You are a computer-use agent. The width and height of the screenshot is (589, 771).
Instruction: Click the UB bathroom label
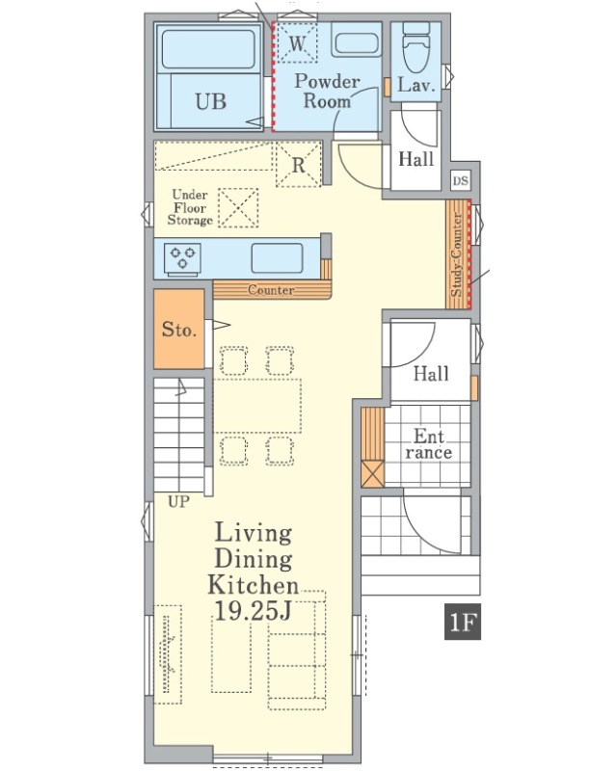point(210,102)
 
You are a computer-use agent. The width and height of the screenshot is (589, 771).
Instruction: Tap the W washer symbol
point(297,43)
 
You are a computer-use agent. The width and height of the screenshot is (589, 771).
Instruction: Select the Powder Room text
point(327,91)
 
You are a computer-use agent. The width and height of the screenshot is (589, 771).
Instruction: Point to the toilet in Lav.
point(416,46)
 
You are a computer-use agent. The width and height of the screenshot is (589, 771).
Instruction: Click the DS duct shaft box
point(461,180)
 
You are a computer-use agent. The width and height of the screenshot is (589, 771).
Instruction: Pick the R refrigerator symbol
point(299,165)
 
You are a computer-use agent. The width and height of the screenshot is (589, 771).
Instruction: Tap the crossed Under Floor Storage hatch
point(238,208)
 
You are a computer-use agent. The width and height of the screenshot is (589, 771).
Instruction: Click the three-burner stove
point(183,257)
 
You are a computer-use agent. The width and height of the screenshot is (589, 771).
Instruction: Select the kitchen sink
point(278,258)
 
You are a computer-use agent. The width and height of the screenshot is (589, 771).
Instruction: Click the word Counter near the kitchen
point(271,290)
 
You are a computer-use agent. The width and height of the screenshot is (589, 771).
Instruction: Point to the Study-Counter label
point(457,254)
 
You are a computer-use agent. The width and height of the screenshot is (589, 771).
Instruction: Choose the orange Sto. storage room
point(179,329)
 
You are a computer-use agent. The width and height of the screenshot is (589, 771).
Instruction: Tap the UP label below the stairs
point(178,502)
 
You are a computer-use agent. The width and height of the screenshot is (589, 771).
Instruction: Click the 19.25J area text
point(254,611)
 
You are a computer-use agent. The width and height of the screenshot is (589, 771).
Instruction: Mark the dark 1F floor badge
point(462,623)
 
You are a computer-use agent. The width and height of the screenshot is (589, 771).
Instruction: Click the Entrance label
point(429,444)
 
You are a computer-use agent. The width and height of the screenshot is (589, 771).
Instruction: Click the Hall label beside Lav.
point(415,159)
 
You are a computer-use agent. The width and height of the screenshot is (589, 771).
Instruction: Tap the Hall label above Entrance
point(431,374)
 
